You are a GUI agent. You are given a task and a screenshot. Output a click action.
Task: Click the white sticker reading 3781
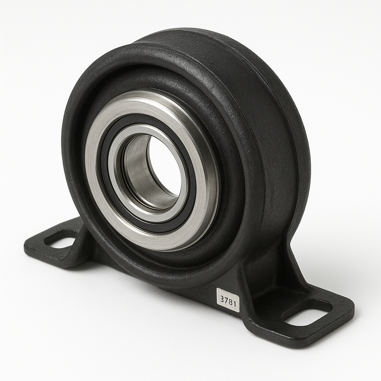(228, 300)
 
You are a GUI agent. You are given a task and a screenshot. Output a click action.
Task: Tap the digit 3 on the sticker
(222, 299)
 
